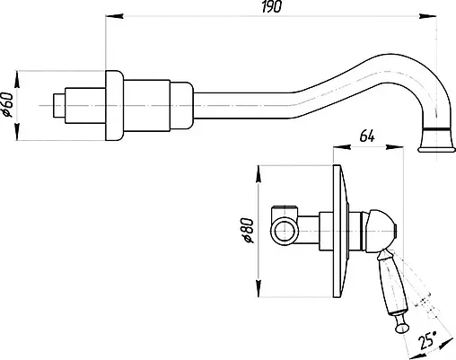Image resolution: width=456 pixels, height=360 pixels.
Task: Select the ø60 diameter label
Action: click(9, 105)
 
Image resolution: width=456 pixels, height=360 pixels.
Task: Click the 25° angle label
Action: click(430, 339)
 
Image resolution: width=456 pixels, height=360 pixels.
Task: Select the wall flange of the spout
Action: click(114, 106)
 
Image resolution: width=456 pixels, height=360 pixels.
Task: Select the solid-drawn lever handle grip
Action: click(389, 283)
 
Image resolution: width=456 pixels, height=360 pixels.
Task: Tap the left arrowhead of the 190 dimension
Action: click(110, 14)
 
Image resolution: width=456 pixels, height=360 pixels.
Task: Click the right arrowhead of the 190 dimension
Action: click(443, 14)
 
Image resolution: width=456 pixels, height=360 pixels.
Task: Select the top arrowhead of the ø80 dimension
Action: click(257, 168)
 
